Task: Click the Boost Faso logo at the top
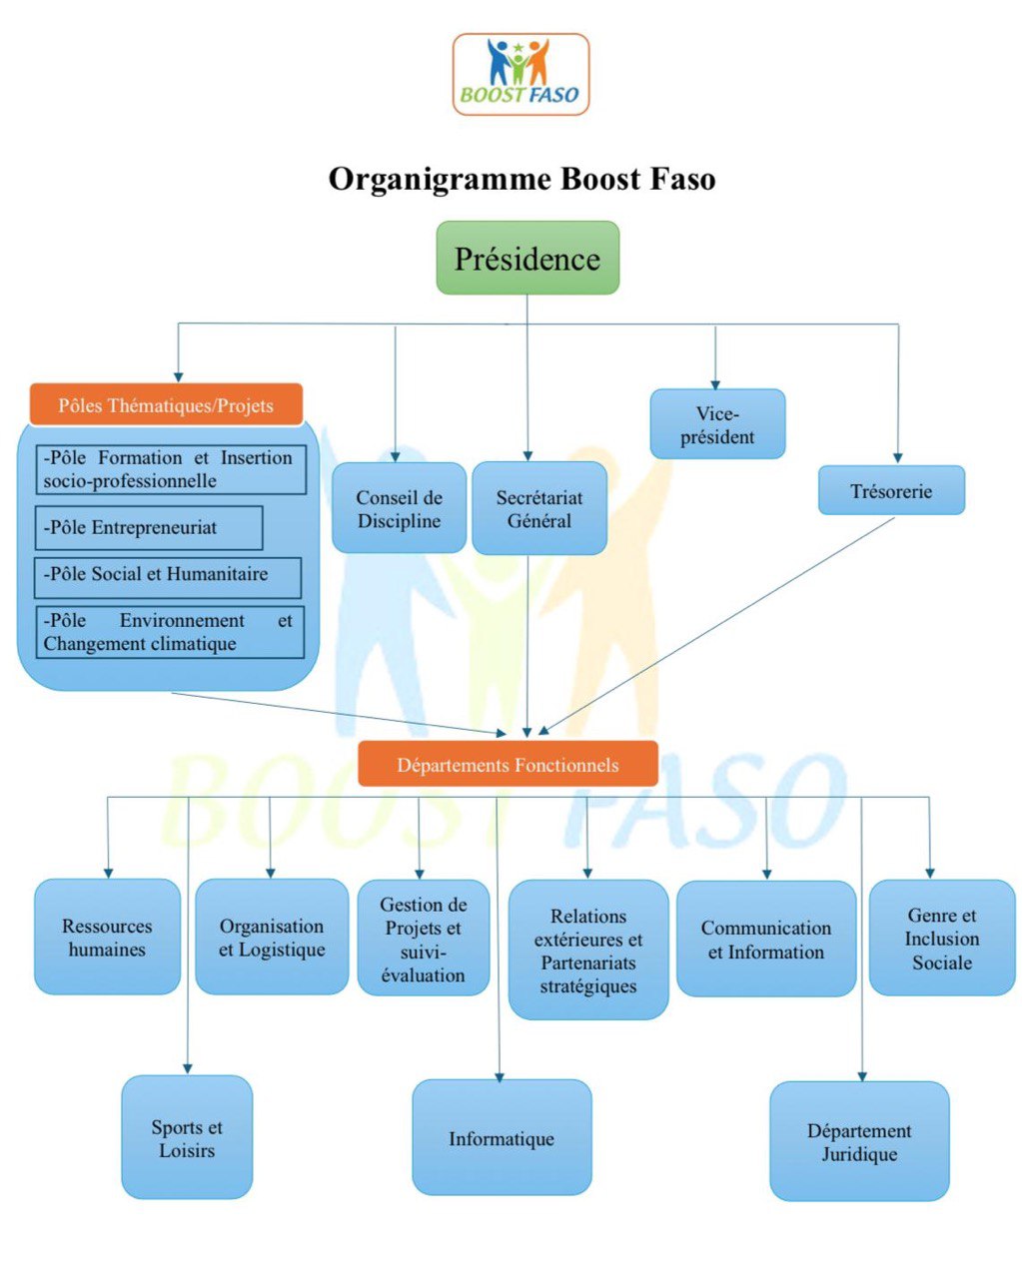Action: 520,74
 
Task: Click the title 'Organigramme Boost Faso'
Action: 521,180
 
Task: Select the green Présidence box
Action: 527,259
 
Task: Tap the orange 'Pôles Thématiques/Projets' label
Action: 166,405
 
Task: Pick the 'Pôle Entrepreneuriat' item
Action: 149,528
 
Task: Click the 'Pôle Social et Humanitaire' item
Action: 167,576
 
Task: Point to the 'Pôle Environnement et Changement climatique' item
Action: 169,633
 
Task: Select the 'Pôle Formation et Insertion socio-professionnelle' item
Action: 170,469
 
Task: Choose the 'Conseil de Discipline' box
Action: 399,508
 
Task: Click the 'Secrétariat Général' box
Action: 539,508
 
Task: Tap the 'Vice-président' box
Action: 717,425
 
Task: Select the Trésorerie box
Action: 891,491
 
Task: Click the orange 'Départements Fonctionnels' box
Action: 508,765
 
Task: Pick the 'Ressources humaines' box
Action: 107,938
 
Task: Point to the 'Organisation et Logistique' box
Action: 272,938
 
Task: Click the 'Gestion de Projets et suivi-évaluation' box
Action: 424,939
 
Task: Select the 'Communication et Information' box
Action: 766,940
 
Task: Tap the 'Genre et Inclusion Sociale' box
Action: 942,939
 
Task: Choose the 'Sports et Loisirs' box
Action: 187,1138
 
